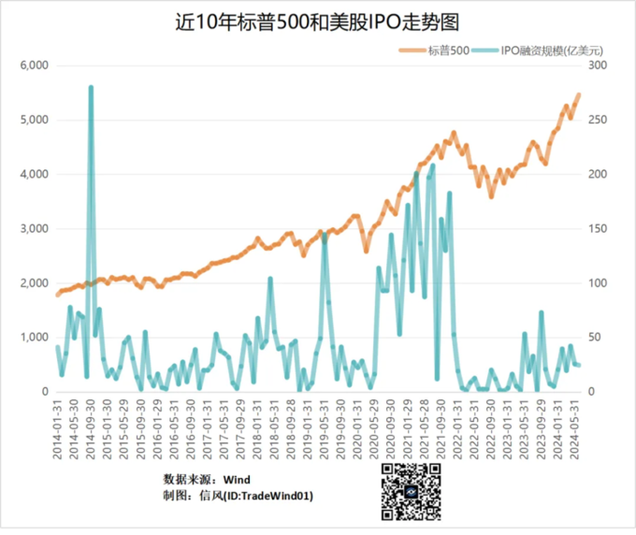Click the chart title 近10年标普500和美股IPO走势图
click(317, 22)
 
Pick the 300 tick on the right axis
click(597, 65)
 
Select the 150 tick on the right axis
click(597, 228)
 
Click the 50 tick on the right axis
click(594, 337)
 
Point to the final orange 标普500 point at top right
click(579, 94)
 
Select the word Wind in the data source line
click(236, 479)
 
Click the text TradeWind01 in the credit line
click(272, 496)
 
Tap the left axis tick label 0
click(44, 391)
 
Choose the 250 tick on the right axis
click(597, 120)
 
